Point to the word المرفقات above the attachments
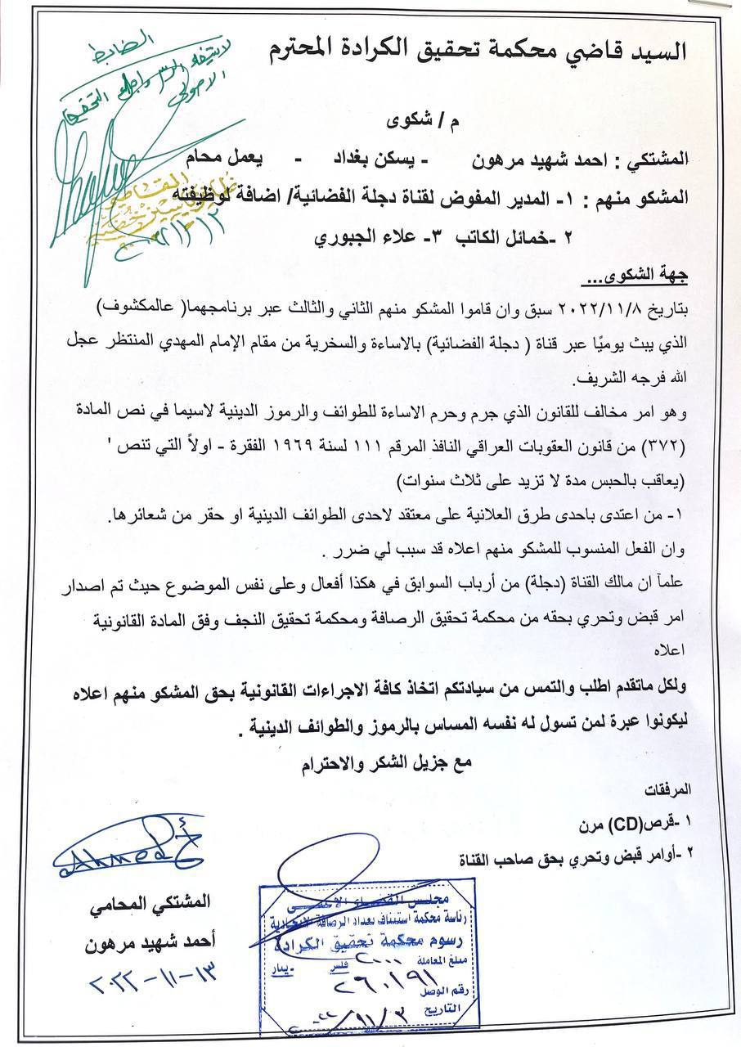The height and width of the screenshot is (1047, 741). (668, 791)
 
